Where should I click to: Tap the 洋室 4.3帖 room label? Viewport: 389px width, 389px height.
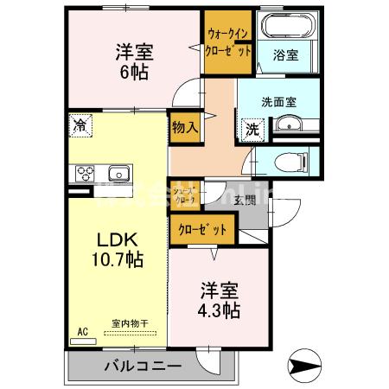tap(218, 299)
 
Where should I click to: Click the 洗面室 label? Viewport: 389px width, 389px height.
tap(280, 101)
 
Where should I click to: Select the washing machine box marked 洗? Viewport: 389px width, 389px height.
tap(252, 129)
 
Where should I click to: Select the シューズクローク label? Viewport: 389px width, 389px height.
tap(184, 196)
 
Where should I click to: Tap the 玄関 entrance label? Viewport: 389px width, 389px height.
tap(244, 201)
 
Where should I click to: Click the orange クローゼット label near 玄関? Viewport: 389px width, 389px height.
tap(205, 230)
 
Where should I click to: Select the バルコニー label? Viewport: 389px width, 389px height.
tap(143, 366)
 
